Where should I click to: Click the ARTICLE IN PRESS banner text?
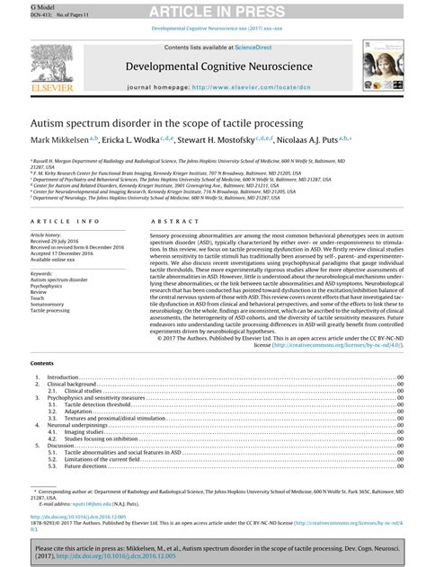tap(213, 10)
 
